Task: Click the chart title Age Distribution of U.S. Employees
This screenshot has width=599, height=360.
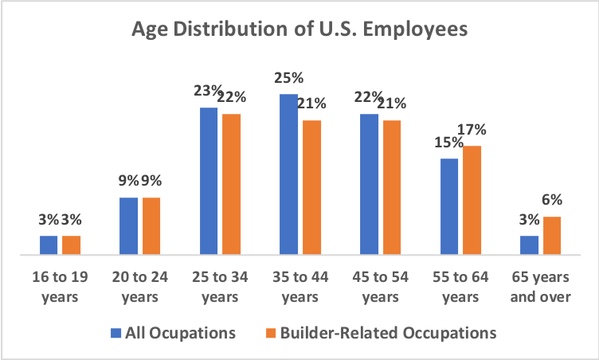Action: tap(299, 33)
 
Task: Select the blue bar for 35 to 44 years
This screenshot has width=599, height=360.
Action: tap(288, 174)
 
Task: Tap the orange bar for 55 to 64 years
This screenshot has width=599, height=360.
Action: tap(472, 200)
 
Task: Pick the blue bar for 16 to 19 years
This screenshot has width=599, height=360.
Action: tap(49, 245)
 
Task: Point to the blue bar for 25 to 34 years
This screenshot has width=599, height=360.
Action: tap(209, 181)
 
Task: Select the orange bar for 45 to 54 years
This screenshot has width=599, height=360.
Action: tap(391, 187)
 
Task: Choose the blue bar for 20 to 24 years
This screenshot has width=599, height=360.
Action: tap(128, 226)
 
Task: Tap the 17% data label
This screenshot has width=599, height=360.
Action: tap(471, 130)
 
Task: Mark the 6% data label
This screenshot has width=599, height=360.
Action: tap(553, 201)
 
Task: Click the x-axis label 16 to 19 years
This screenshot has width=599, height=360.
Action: tap(61, 288)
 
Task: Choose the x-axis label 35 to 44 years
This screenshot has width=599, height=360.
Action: tap(299, 288)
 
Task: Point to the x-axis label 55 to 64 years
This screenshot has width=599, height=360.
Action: tap(460, 288)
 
